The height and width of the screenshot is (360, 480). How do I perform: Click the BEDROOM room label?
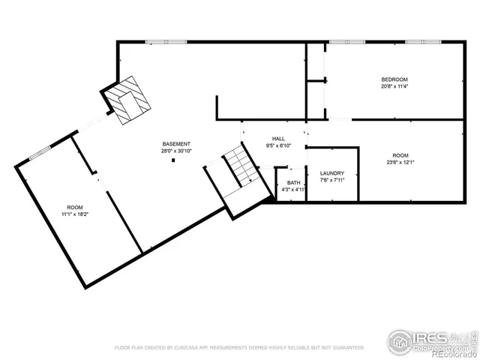coord(394,79)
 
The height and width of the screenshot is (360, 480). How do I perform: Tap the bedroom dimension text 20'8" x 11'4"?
coord(394,86)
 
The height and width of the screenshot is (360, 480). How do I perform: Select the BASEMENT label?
coord(176,144)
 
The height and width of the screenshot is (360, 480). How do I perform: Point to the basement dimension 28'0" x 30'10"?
coord(176,151)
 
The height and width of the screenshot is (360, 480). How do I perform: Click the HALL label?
coord(278,139)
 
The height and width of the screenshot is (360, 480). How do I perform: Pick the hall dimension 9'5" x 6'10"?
coord(278,145)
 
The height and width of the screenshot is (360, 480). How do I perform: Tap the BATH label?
coord(292,183)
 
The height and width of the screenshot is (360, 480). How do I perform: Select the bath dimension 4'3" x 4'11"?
coord(292,190)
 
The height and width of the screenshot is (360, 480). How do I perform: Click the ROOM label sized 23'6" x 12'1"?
coord(400,154)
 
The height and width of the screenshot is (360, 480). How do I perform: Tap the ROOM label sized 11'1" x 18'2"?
coord(75,207)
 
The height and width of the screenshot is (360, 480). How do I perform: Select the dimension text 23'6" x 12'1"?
coord(400,161)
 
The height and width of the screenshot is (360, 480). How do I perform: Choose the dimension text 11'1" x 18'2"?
coord(75,214)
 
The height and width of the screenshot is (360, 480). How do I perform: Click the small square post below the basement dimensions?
coord(173,159)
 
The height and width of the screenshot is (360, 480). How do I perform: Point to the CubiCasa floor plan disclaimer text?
coord(239,348)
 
